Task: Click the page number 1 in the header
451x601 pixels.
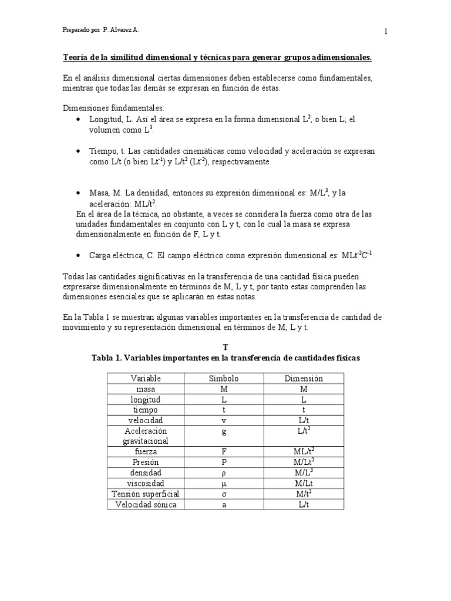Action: (x=386, y=32)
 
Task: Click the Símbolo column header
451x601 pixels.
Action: (x=224, y=379)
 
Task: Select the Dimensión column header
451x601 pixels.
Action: (x=304, y=379)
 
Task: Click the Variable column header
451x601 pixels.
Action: (x=146, y=379)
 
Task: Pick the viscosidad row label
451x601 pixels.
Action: (x=146, y=483)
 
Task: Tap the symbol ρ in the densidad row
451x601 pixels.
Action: (x=224, y=472)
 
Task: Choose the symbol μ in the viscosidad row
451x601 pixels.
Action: (x=224, y=483)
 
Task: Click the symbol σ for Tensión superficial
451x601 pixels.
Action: (x=224, y=494)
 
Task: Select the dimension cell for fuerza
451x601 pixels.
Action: (x=304, y=451)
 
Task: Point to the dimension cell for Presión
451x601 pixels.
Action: (x=304, y=462)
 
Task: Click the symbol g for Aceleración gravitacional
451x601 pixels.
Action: (x=224, y=431)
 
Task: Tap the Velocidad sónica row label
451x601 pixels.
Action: (x=146, y=504)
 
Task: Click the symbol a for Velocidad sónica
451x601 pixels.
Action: (x=224, y=504)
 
